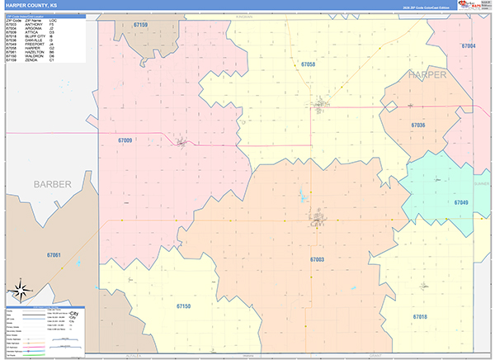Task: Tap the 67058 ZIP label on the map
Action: [x=308, y=64]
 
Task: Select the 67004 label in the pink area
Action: [x=469, y=46]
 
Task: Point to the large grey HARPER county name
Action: [x=427, y=74]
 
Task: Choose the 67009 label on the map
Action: [x=125, y=140]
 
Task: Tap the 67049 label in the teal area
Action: [x=460, y=202]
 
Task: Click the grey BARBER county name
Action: [x=53, y=183]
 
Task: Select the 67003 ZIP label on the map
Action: [x=317, y=259]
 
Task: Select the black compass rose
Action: [x=20, y=291]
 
